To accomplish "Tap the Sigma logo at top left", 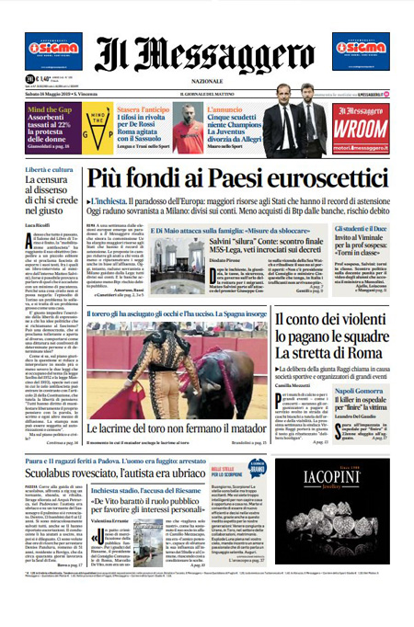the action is (52, 51).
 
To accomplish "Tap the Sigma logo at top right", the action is (361, 51).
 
